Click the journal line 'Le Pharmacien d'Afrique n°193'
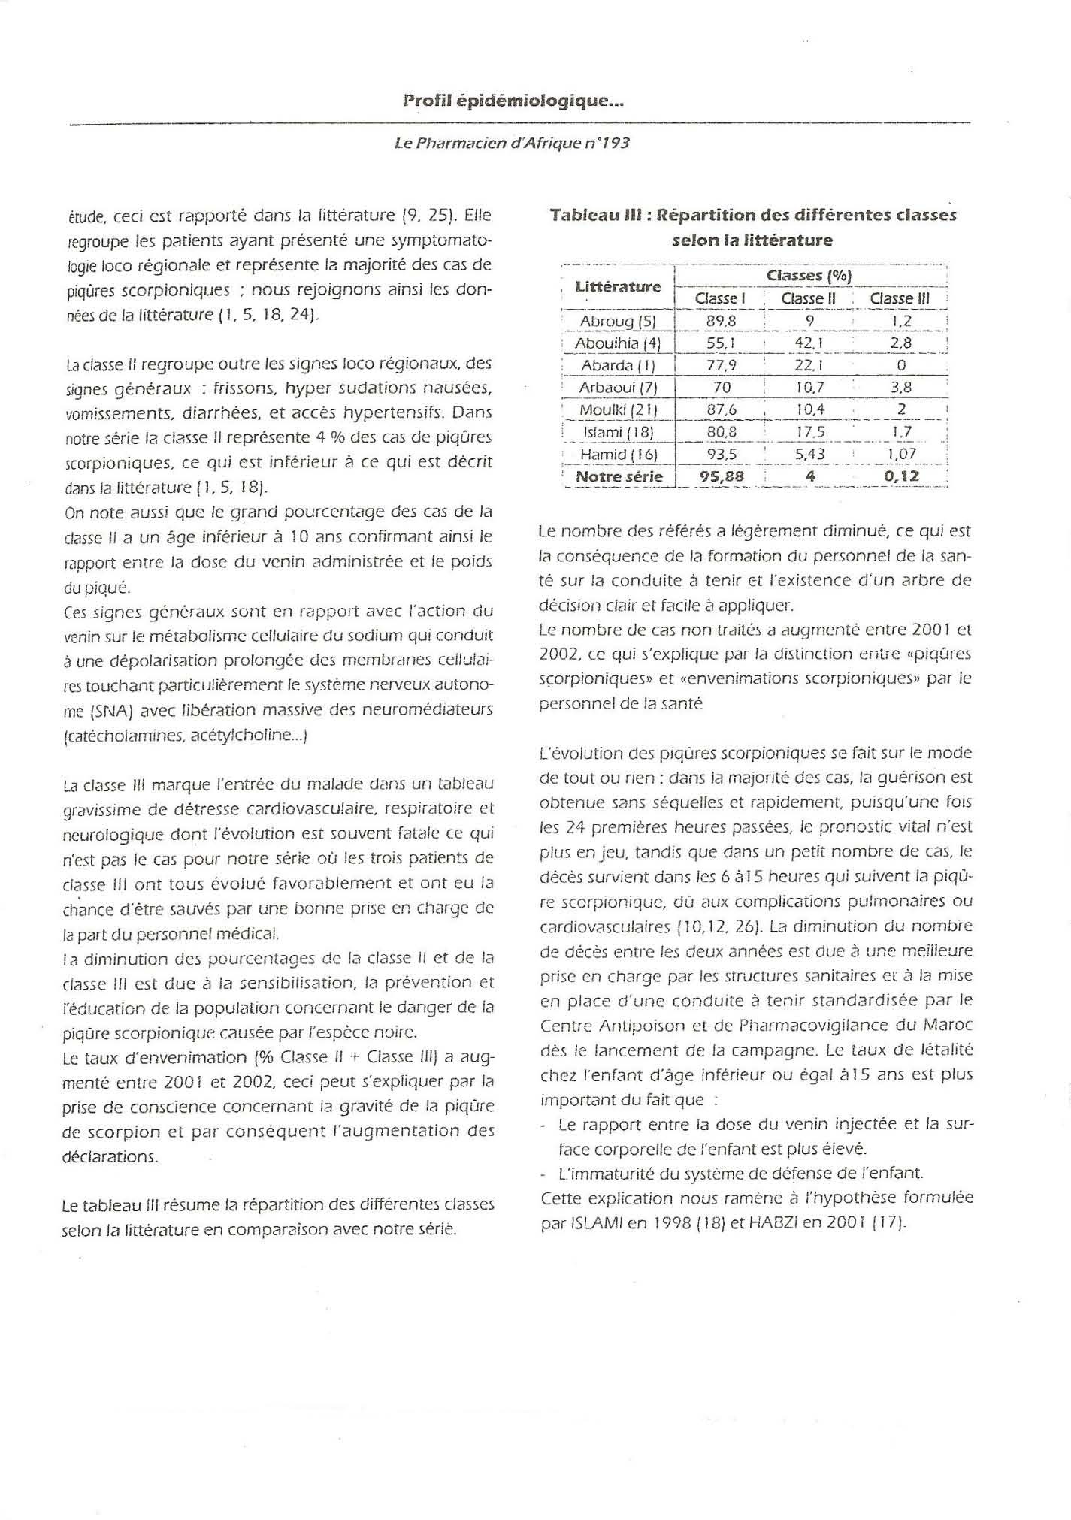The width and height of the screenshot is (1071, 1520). [512, 142]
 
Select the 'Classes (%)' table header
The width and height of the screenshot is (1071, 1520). [809, 276]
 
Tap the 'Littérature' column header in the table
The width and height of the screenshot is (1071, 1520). [618, 286]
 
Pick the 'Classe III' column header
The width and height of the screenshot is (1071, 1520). [900, 298]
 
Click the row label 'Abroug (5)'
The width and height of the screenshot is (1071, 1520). [619, 321]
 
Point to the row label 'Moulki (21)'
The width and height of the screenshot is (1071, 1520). [619, 409]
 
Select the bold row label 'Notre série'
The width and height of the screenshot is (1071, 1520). [619, 476]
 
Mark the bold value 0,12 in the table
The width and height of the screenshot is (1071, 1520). [901, 476]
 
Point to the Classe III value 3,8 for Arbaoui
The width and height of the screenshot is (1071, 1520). [901, 388]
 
